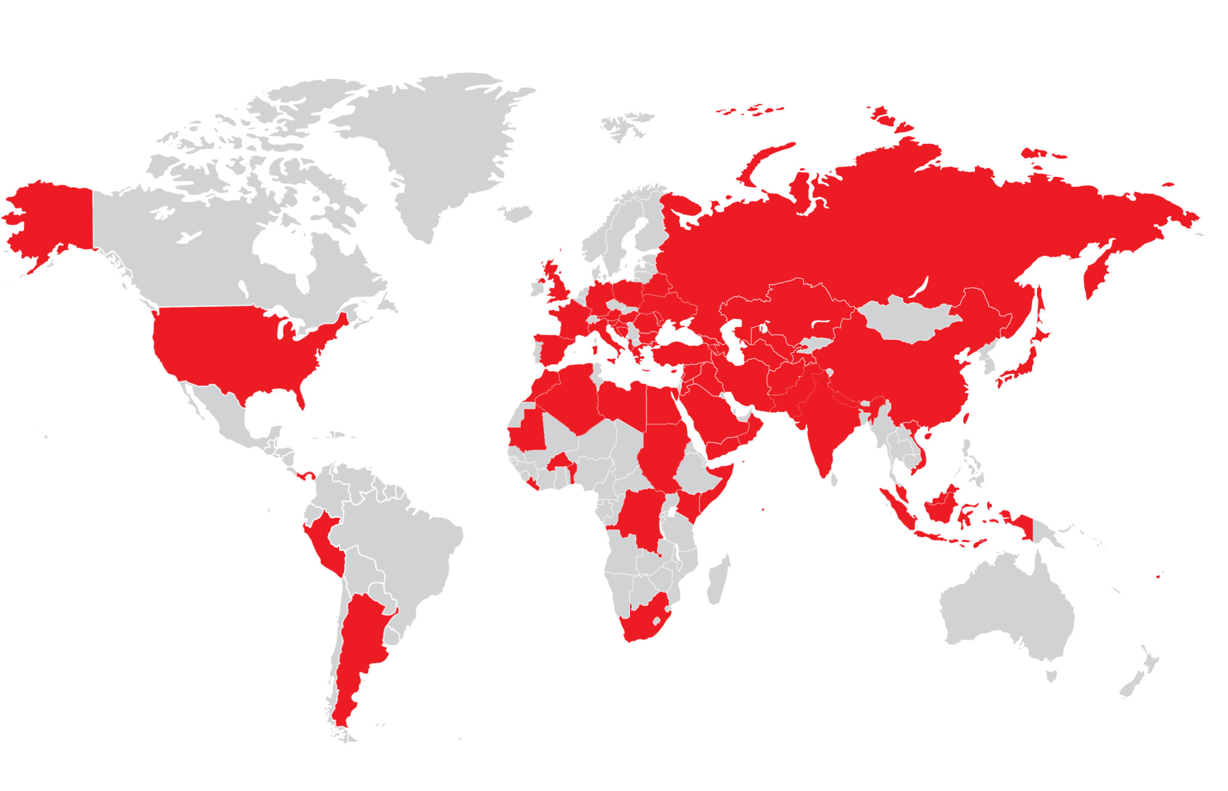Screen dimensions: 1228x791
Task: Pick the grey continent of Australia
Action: pos(1007,608)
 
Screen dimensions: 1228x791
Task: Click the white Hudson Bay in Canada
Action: pos(282,252)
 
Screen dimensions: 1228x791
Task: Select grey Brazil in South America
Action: pos(405,553)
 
